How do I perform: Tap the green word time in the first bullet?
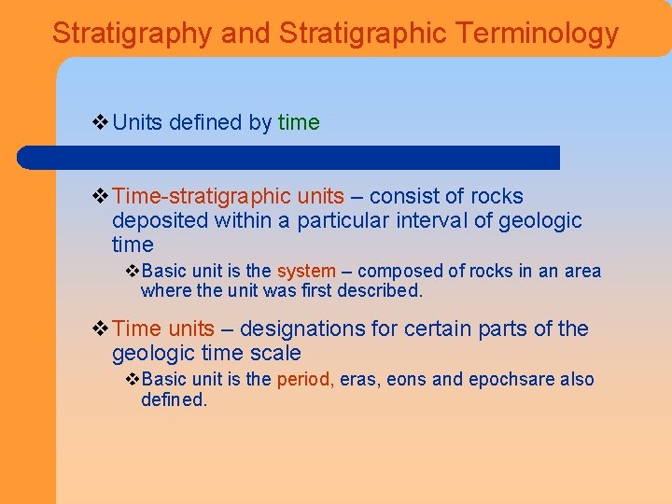point(299,122)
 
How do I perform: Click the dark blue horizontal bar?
point(289,157)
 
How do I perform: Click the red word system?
point(306,272)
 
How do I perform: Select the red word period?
point(305,380)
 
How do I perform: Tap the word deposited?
point(160,221)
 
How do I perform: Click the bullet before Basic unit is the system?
point(133,272)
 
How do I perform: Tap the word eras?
point(359,380)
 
